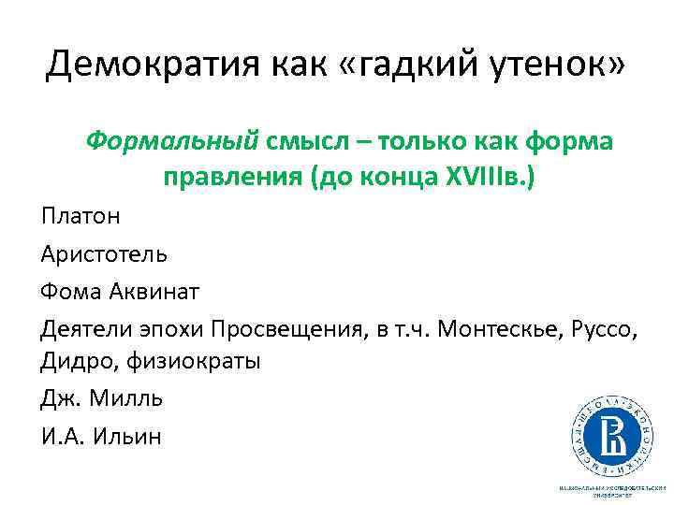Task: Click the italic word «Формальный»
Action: (171, 141)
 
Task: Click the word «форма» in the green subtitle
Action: (569, 141)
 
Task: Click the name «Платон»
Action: (81, 217)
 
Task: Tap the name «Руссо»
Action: (603, 328)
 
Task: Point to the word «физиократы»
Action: (192, 361)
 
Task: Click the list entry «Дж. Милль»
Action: (102, 398)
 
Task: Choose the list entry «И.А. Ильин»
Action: (101, 436)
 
